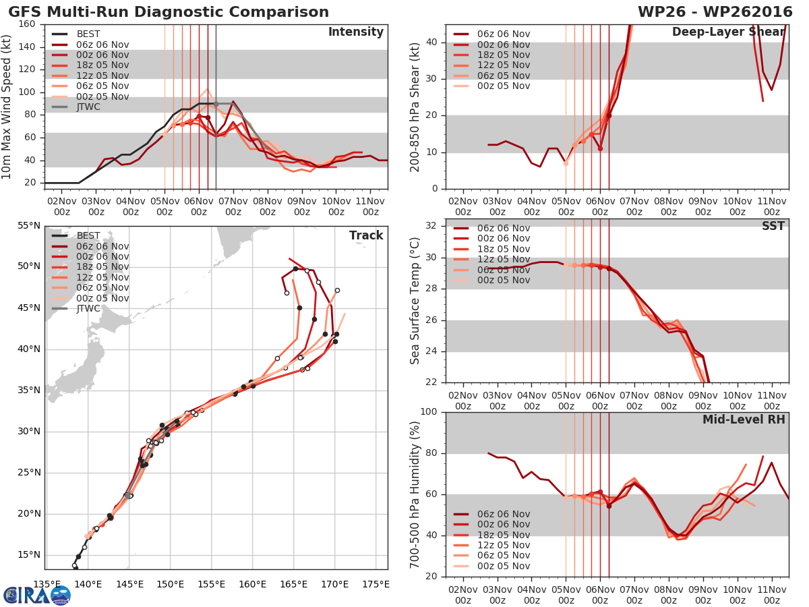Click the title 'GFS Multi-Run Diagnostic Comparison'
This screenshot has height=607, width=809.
point(169,12)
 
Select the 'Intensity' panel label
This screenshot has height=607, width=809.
point(356,32)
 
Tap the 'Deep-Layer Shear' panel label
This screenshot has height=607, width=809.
point(728,32)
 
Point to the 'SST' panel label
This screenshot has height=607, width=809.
point(773,226)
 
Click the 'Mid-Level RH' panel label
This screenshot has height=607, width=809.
point(744,420)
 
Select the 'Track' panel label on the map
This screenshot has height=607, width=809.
point(366,235)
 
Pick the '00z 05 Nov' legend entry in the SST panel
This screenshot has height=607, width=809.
point(503,281)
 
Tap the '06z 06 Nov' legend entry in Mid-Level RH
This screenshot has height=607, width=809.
point(503,514)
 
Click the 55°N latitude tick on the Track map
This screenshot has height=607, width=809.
point(28,225)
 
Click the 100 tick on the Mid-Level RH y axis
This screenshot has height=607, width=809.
point(428,412)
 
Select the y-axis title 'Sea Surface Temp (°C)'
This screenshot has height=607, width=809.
point(415,300)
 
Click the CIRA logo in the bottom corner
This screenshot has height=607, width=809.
point(37,594)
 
